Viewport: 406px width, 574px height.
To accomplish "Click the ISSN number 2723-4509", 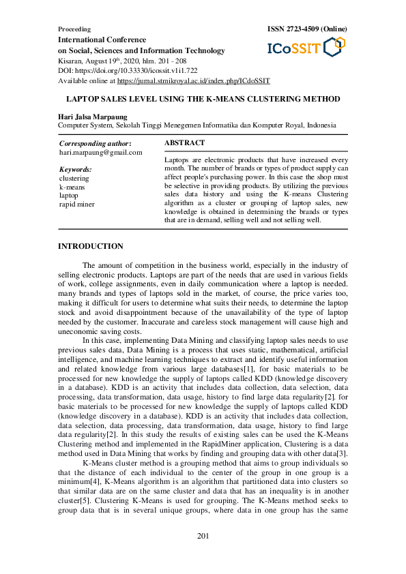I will [x=298, y=29].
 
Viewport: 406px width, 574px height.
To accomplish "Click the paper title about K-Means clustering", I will [x=203, y=99].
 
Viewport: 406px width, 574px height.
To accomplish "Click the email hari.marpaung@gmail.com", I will [x=101, y=153].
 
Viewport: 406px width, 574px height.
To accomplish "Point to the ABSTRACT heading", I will [x=185, y=143].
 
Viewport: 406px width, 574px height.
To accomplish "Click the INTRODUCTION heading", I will [x=91, y=246].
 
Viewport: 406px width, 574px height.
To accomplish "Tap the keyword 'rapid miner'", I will [x=77, y=204].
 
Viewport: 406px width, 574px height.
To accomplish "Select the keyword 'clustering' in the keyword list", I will [x=74, y=178].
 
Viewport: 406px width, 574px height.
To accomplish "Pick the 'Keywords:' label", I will [x=76, y=169].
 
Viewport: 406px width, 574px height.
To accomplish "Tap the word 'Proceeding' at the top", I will [x=74, y=30].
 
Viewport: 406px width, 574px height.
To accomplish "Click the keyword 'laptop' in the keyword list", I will [x=69, y=195].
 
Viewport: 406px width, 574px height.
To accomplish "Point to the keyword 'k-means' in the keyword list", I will [x=72, y=186].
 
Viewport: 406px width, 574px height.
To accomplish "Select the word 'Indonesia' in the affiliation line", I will [x=330, y=125].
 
